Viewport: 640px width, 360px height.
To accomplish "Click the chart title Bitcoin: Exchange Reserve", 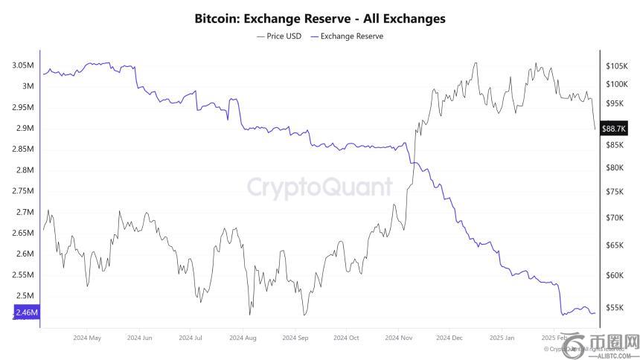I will point(319,19).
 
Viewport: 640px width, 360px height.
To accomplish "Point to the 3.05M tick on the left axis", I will point(22,65).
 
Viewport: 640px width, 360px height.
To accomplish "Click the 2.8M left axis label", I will point(25,170).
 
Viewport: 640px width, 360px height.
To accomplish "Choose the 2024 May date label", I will point(87,338).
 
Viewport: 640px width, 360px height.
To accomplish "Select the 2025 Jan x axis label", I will point(502,338).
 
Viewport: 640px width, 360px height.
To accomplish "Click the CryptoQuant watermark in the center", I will point(320,185).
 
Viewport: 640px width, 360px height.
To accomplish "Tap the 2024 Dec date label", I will point(449,338).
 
